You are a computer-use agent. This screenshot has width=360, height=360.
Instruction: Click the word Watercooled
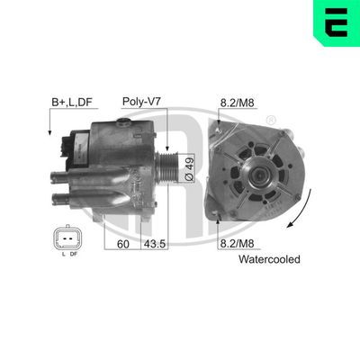click(x=269, y=259)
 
